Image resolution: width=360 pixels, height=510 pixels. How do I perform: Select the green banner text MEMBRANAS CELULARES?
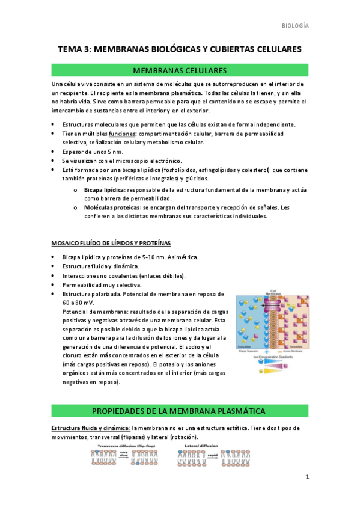(x=180, y=71)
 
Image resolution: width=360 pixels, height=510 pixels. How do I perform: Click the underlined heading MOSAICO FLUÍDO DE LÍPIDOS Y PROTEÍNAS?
(x=111, y=243)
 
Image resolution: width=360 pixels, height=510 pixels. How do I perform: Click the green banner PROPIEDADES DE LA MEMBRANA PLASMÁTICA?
(x=180, y=411)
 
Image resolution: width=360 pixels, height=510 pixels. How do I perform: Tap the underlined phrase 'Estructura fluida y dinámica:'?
(x=90, y=428)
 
